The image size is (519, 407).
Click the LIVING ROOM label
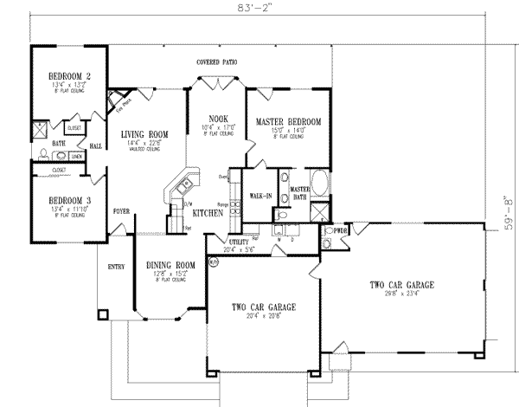144,133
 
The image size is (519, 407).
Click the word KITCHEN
208,212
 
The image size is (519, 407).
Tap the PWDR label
337,231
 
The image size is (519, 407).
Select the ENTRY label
116,268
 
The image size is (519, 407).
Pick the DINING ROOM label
168,268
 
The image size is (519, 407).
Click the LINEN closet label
77,156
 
